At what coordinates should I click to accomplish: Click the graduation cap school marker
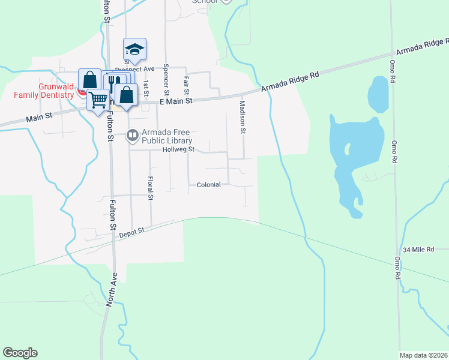tap(135, 50)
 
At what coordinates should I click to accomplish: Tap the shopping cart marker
tap(98, 99)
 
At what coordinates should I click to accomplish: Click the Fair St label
tap(187, 86)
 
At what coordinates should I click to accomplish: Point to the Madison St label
tap(243, 116)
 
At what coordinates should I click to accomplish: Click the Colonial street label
tap(208, 185)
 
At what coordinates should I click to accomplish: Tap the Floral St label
tap(150, 188)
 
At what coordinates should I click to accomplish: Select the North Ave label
tap(112, 290)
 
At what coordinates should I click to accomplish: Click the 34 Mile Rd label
tap(418, 249)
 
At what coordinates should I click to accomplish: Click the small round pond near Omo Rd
tap(378, 94)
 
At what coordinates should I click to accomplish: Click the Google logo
tap(20, 353)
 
